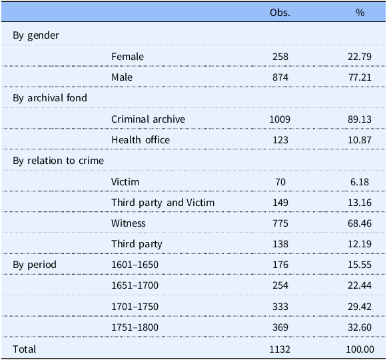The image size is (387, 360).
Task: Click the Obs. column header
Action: tap(280, 13)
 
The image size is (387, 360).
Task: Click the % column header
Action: tap(360, 13)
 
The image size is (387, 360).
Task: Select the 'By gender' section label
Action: tap(36, 35)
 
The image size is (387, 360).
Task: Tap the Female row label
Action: tap(127, 57)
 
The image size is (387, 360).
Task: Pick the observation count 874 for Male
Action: tap(280, 77)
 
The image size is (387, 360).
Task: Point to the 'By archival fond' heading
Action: tap(50, 98)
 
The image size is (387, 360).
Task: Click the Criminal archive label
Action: tap(148, 119)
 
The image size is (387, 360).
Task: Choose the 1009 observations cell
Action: tap(280, 119)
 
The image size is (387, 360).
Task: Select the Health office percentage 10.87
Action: tap(360, 140)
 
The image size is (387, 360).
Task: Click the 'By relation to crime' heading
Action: tap(58, 161)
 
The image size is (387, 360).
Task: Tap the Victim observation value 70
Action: tap(280, 182)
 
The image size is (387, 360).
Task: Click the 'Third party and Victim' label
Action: tap(163, 203)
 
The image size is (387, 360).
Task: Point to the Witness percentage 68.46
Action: tap(360, 223)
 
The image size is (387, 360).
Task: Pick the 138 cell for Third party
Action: tap(280, 244)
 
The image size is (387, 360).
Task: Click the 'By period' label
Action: tap(35, 265)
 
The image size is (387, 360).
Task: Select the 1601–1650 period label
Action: tap(135, 265)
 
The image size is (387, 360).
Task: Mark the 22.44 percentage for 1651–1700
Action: tap(360, 285)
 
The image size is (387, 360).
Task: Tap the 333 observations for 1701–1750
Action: tap(280, 307)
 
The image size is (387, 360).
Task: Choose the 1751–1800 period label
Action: tap(135, 327)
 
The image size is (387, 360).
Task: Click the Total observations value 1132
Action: tap(280, 349)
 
